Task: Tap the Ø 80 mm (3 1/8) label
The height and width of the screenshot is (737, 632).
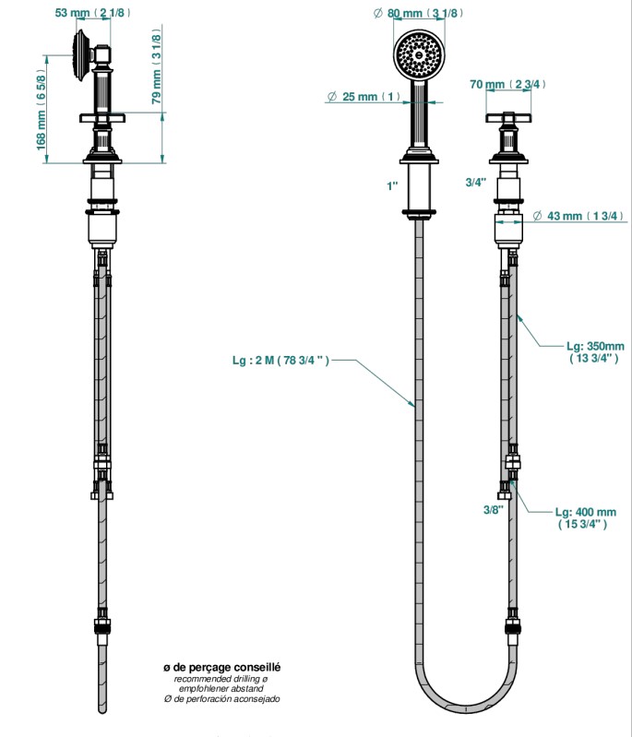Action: point(419,13)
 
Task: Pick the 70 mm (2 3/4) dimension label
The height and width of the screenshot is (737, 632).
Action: point(507,84)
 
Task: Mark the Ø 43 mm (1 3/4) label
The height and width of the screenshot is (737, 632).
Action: point(578,216)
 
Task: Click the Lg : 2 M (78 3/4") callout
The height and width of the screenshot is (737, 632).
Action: point(280,361)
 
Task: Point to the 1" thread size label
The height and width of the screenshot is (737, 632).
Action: point(392,185)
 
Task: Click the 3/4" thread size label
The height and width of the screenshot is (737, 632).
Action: point(475,182)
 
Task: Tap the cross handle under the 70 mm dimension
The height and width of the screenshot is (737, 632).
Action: point(508,119)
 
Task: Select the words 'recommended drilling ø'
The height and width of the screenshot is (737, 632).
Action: point(221,679)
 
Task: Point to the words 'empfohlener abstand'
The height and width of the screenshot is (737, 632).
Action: point(221,689)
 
